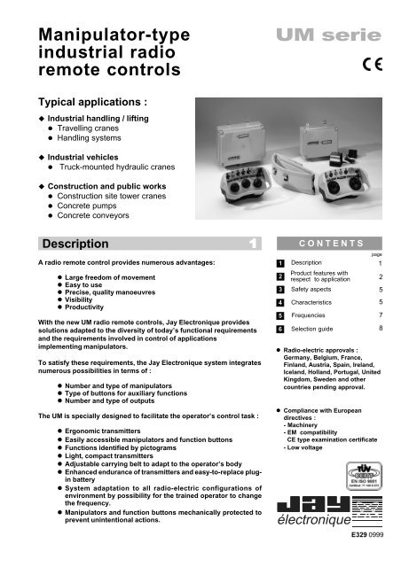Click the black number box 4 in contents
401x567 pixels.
point(280,304)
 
